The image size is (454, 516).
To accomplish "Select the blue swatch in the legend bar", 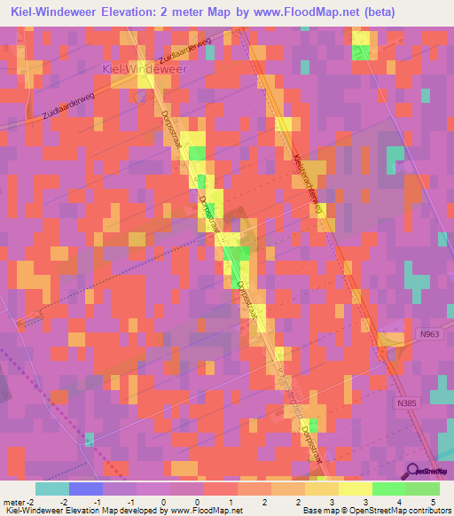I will (x=86, y=489).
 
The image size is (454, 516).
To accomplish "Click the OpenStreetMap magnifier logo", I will (x=411, y=472).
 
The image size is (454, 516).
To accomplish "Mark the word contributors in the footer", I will (x=425, y=512).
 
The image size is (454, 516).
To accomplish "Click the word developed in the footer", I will (x=145, y=512).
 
